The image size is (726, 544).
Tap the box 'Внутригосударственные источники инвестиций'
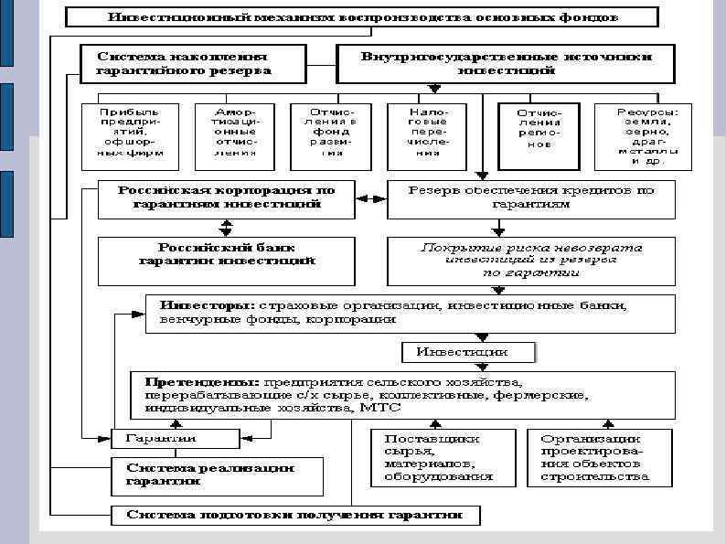pos(506,63)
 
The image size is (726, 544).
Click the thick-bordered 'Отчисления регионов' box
pos(539,134)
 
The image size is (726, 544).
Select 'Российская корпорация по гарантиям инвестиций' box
pos(226,198)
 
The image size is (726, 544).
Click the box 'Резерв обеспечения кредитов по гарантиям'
pos(530,198)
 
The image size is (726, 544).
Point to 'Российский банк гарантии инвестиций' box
pos(226,254)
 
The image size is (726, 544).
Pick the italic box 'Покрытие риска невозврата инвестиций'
pos(530,260)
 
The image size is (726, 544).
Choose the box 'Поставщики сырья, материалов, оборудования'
pos(438,457)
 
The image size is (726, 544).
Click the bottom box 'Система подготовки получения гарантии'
pos(294,515)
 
